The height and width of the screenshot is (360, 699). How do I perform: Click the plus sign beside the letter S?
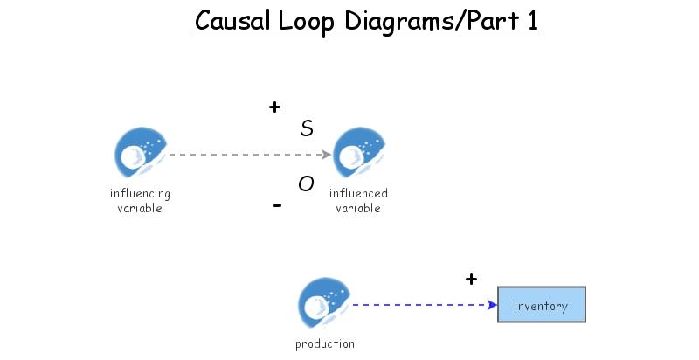click(274, 107)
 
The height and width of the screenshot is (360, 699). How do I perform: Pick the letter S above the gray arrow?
click(307, 129)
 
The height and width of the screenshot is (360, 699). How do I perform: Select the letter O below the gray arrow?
click(306, 183)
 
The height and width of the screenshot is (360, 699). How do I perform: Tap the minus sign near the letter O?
click(277, 206)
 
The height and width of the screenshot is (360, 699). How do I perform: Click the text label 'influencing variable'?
click(140, 201)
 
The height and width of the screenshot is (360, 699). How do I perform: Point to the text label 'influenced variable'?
click(358, 201)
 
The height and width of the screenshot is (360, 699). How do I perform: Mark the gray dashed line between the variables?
click(245, 155)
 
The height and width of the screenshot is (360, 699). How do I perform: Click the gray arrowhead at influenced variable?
click(327, 155)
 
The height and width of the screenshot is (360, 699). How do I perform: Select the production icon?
click(323, 305)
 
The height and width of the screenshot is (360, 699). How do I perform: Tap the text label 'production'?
click(325, 344)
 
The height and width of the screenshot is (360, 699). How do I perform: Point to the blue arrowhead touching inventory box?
click(492, 305)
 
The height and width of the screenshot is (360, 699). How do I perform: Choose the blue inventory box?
click(541, 305)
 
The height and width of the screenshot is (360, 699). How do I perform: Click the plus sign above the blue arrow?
click(471, 280)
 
